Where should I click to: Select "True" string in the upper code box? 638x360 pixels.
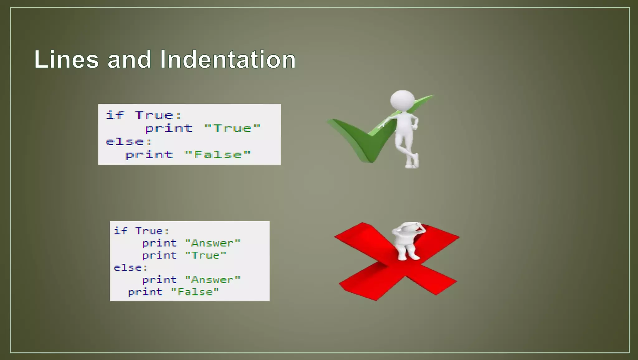click(x=232, y=128)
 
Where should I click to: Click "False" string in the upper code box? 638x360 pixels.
click(x=218, y=155)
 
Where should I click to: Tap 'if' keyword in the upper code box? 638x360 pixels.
click(x=115, y=115)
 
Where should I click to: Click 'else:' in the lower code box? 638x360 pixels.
click(x=131, y=268)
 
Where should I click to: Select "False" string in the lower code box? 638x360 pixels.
click(x=195, y=292)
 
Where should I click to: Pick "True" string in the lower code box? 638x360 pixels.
click(x=206, y=256)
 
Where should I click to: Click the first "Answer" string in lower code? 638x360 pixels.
click(x=213, y=243)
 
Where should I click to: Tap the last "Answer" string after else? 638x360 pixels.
click(x=213, y=280)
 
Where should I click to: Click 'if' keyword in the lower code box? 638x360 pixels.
click(x=121, y=231)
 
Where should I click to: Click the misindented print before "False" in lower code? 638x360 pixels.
click(x=145, y=292)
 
